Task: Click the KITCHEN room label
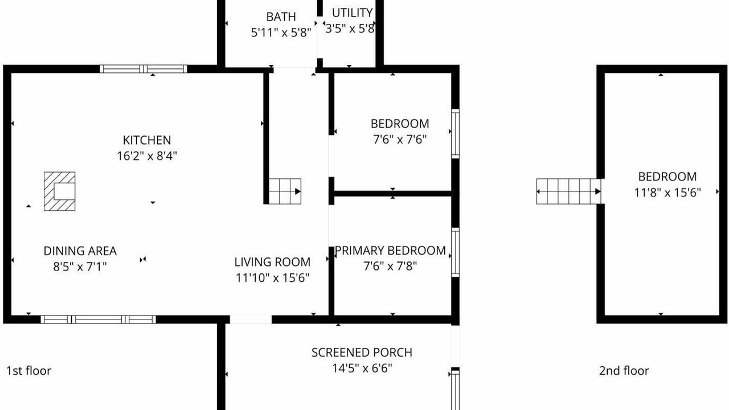(147, 140)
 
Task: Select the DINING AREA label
(80, 251)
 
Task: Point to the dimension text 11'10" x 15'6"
(272, 278)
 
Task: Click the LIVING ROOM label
(272, 262)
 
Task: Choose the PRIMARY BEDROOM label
(390, 251)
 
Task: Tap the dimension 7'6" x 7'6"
(400, 140)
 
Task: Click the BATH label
(281, 17)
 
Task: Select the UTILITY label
(352, 13)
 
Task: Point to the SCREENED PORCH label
(362, 352)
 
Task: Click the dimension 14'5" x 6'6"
(362, 368)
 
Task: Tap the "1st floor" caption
(29, 371)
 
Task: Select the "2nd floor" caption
(624, 371)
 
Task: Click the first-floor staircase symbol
(285, 191)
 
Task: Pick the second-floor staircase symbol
(568, 191)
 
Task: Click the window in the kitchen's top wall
(144, 69)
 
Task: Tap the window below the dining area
(98, 319)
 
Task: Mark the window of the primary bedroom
(455, 252)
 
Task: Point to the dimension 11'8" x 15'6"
(667, 192)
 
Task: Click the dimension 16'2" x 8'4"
(147, 156)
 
